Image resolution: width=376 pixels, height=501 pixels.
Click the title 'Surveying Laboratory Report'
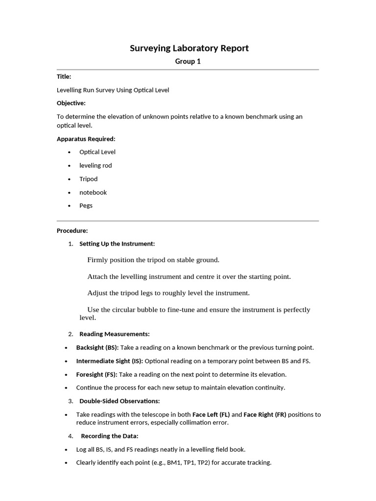point(189,48)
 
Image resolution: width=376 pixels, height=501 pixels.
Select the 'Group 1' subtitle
point(188,62)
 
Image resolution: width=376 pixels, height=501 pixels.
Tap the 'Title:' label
point(64,77)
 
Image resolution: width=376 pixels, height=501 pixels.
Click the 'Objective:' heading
point(71,103)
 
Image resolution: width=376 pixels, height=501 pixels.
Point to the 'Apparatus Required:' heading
point(86,139)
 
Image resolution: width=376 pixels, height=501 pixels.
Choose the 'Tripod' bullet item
point(89,179)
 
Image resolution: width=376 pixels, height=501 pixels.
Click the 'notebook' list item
point(93,192)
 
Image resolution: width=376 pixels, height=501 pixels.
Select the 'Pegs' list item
point(86,205)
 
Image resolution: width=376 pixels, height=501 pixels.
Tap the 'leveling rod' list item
point(95,165)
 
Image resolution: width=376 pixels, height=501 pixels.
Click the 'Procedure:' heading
point(72,230)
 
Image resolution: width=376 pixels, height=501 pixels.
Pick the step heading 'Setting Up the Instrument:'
point(117,244)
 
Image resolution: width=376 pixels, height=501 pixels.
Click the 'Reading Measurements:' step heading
point(115,334)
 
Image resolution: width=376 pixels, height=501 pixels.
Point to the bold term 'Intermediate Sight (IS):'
point(110,361)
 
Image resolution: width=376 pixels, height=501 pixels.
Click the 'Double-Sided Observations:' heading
point(119,401)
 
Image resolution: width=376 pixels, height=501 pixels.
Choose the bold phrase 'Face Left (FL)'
point(211,414)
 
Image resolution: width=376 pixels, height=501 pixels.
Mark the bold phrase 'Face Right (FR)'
point(265,414)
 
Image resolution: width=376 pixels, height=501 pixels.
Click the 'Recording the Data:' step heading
point(110,436)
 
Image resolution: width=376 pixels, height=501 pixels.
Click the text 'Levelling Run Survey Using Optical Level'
point(113,90)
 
